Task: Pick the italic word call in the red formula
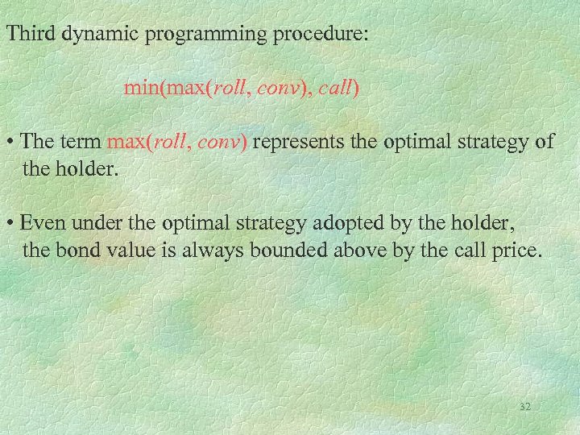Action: [x=333, y=88]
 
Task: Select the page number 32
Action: [x=524, y=407]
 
